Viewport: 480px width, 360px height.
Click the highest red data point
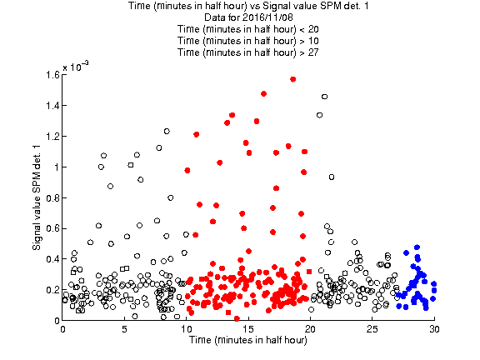(x=293, y=79)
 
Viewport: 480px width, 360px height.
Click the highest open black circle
(x=324, y=97)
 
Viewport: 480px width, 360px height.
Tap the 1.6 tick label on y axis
(x=52, y=75)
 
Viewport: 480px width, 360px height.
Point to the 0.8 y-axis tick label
(x=52, y=198)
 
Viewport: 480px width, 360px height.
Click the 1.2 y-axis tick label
(x=52, y=136)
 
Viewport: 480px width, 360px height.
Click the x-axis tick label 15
(x=248, y=329)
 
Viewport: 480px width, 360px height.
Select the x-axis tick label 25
(x=372, y=329)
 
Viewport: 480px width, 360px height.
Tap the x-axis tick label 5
(x=124, y=329)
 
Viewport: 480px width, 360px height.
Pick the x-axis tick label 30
(x=434, y=329)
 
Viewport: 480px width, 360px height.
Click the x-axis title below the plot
(x=248, y=340)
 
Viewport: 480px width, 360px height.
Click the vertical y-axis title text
(x=37, y=197)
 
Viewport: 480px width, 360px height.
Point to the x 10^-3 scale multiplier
(x=76, y=66)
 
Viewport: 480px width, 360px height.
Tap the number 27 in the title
(x=313, y=52)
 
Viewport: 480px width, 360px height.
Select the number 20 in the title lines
(x=313, y=29)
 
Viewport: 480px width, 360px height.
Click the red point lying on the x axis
(x=237, y=318)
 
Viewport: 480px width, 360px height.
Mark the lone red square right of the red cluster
(x=309, y=272)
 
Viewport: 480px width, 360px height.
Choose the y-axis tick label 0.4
(x=52, y=259)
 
